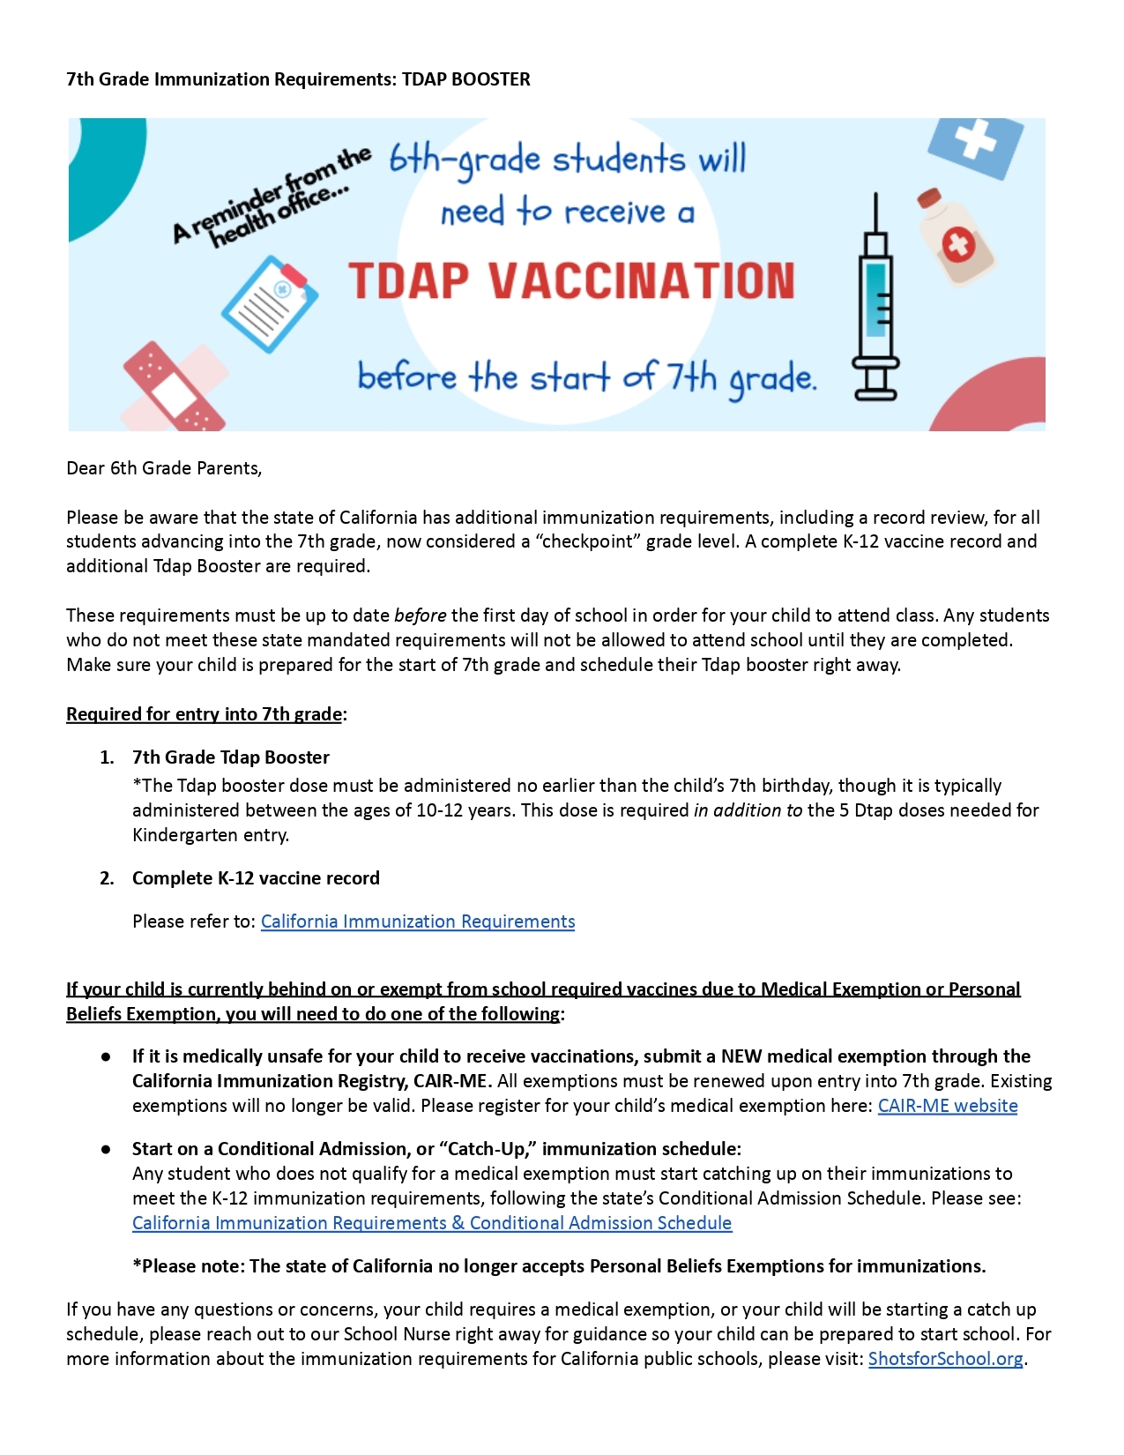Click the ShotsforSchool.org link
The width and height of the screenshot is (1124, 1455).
(x=945, y=1359)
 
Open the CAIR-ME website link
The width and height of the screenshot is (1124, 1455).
(x=947, y=1106)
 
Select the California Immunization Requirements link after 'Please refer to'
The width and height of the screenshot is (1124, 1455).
(x=418, y=921)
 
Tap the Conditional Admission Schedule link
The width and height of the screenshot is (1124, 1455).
(x=432, y=1223)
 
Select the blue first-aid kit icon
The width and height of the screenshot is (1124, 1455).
(x=975, y=145)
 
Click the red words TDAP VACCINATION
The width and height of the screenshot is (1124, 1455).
(x=571, y=281)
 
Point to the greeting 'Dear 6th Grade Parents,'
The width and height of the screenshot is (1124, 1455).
(x=164, y=468)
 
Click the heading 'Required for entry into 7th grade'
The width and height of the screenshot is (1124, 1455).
(x=204, y=714)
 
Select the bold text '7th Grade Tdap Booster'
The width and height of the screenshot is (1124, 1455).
(x=231, y=757)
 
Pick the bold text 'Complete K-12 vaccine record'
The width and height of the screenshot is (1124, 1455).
(x=256, y=878)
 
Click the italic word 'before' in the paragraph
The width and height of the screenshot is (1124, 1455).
(x=420, y=616)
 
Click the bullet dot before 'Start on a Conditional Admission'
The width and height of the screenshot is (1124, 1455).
(x=106, y=1149)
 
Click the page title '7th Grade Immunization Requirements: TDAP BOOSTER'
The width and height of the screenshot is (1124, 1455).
(x=298, y=79)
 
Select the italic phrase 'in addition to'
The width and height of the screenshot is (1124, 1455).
(x=748, y=810)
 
